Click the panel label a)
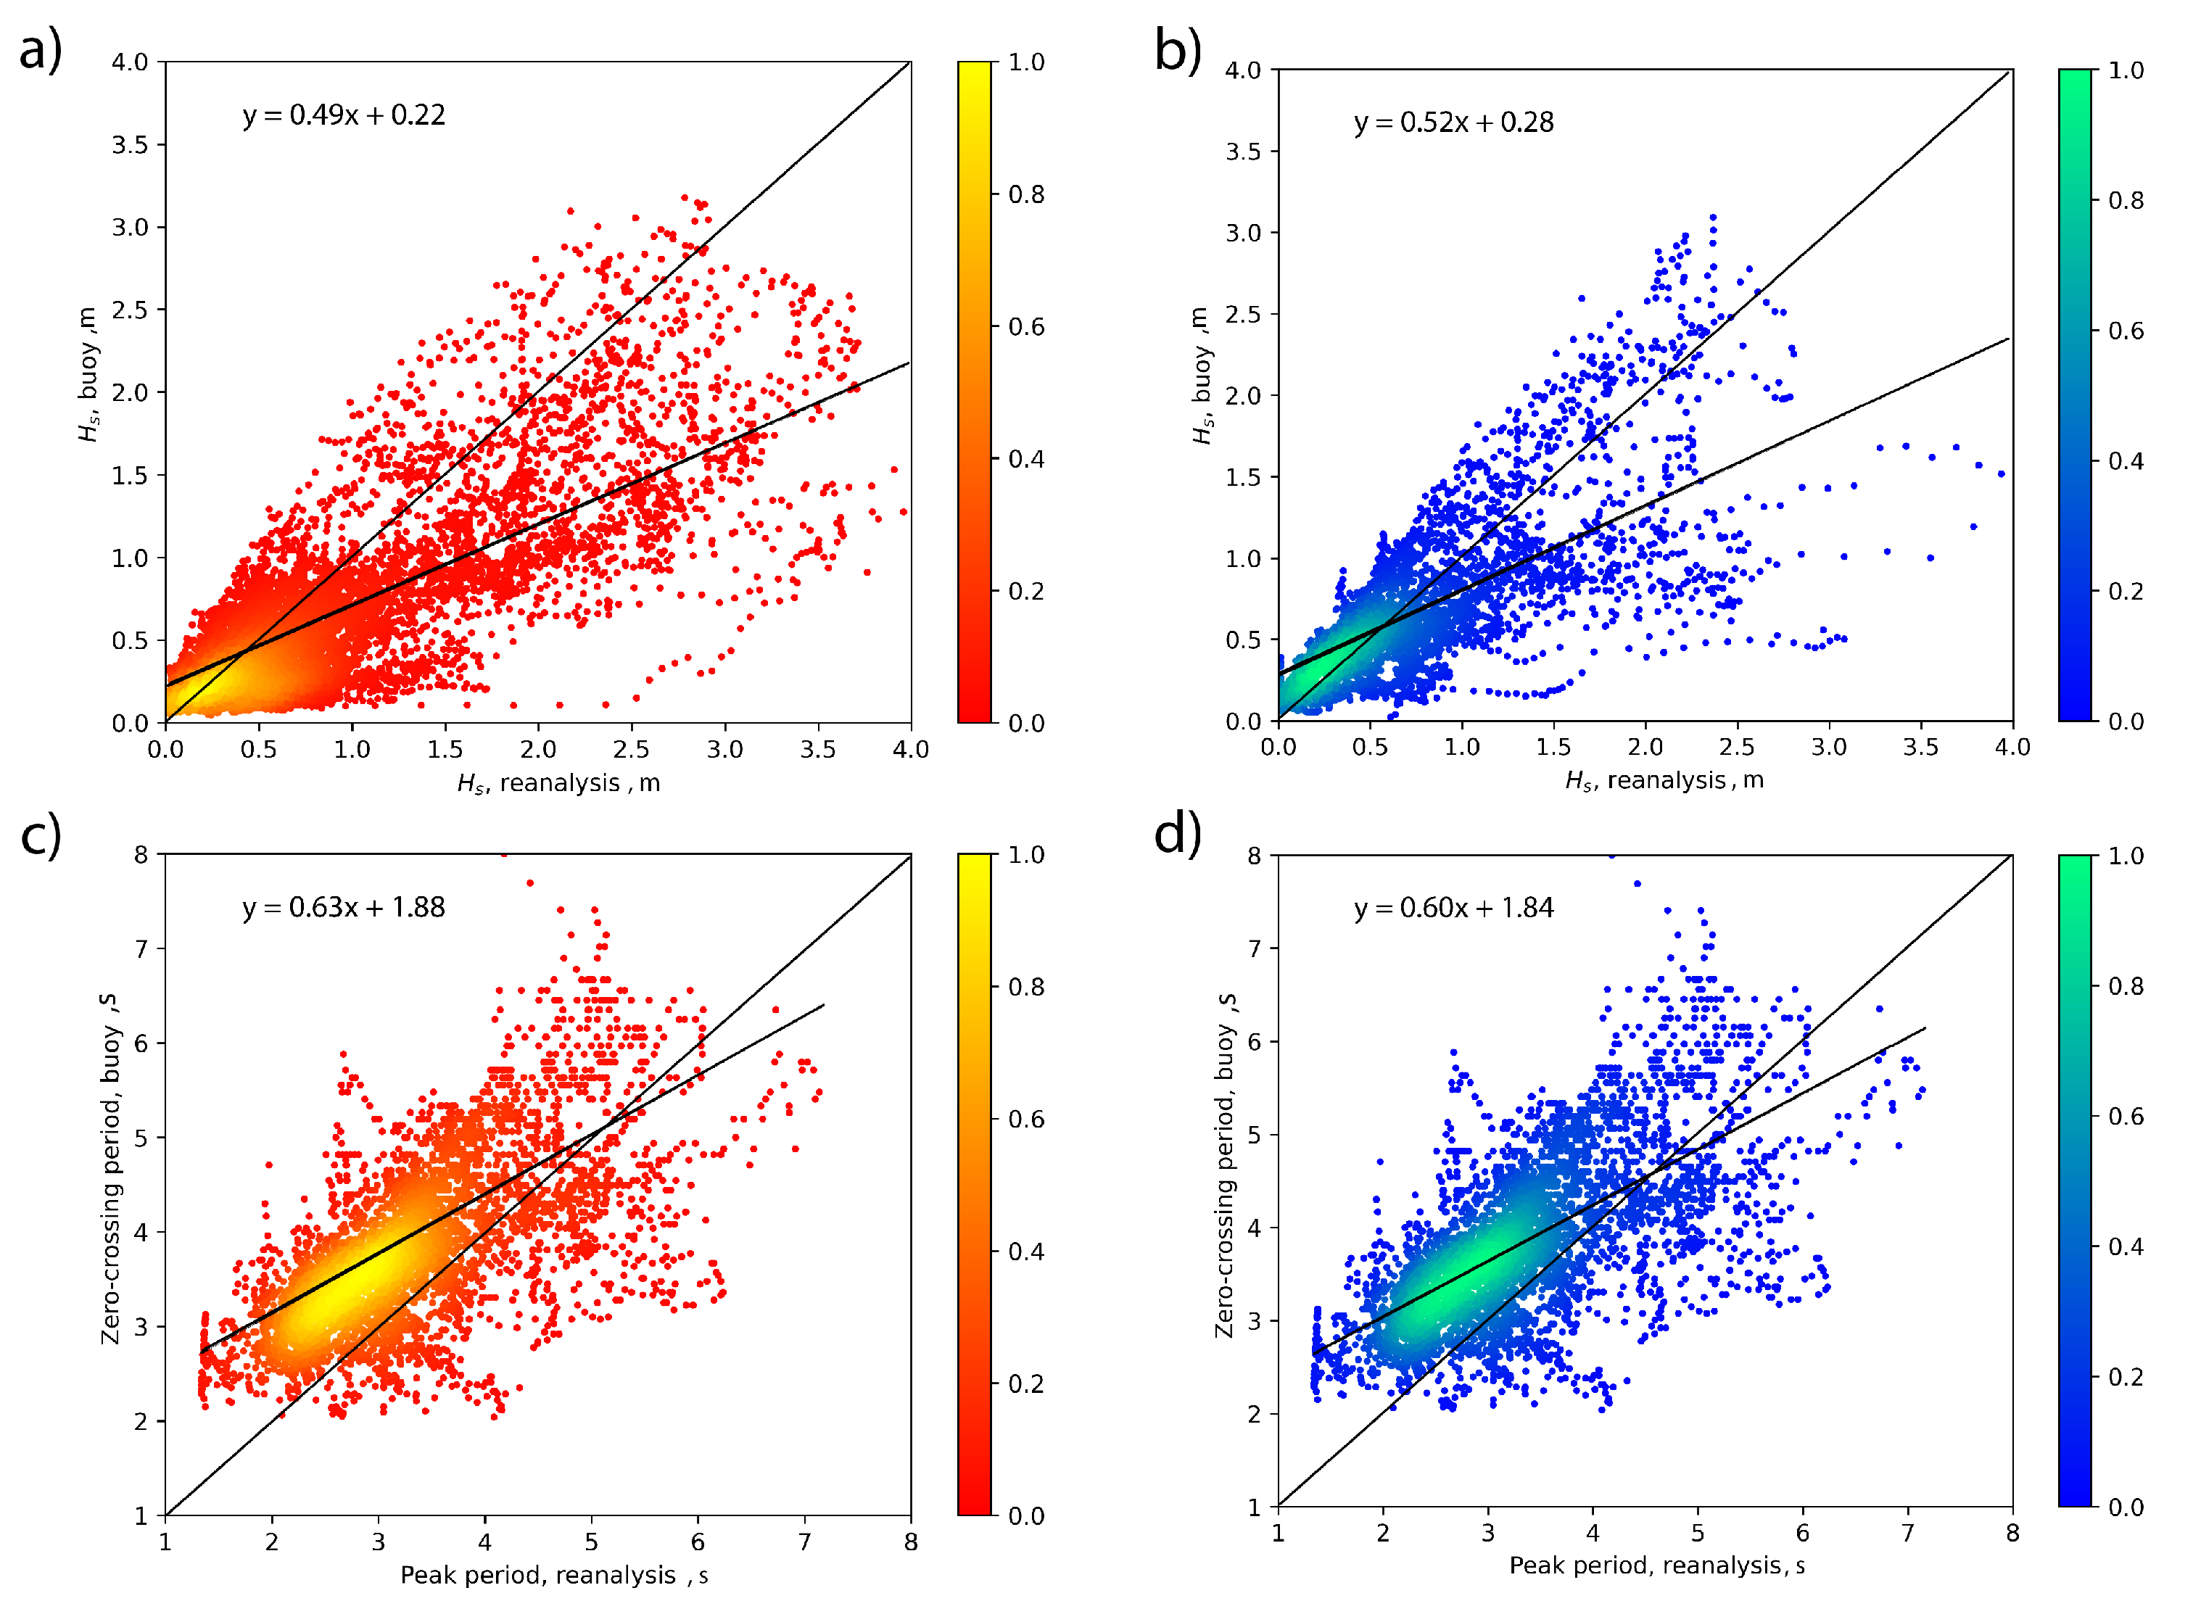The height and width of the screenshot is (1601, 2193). (41, 51)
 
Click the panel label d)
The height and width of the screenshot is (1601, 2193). (1178, 833)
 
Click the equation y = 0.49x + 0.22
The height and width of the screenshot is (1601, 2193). (344, 115)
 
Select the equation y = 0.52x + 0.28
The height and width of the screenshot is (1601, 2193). (1453, 123)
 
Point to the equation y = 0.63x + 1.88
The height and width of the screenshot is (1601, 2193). (344, 908)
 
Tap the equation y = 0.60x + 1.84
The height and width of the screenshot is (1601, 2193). (1453, 908)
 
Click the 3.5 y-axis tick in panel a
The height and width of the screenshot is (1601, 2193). (130, 145)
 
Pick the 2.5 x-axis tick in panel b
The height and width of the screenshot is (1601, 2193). (1737, 747)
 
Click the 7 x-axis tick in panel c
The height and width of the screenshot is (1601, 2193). (804, 1542)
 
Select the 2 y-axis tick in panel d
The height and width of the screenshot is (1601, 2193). (1254, 1414)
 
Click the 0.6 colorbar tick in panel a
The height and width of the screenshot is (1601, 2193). (1026, 326)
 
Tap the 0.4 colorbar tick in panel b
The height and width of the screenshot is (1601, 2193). (2126, 461)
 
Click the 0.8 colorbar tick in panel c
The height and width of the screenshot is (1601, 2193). (1026, 987)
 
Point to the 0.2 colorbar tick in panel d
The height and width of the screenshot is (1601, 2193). (2126, 1377)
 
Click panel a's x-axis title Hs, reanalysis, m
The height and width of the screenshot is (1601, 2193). (559, 783)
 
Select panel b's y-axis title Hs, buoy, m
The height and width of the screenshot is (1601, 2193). (1201, 376)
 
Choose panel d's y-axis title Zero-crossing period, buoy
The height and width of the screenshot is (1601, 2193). (1225, 1166)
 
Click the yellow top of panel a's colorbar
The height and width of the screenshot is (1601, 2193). (974, 73)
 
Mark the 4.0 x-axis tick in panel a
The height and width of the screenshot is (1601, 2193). (910, 749)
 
